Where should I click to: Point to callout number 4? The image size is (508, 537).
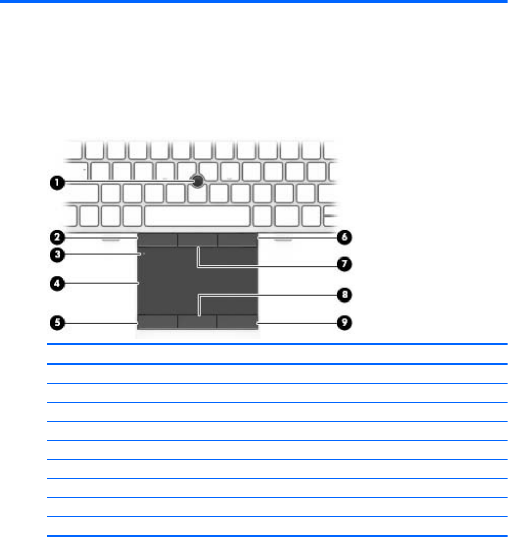click(57, 283)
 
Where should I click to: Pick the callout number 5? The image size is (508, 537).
click(57, 323)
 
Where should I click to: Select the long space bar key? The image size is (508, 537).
click(198, 217)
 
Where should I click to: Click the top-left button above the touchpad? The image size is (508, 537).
click(158, 240)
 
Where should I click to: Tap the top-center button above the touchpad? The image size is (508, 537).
click(198, 240)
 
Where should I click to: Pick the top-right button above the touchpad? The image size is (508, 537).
click(237, 240)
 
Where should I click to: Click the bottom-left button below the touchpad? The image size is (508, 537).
click(158, 321)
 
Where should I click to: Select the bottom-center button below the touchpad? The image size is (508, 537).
click(197, 321)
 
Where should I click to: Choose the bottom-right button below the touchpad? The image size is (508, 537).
click(237, 321)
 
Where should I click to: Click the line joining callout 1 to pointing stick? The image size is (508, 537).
click(128, 182)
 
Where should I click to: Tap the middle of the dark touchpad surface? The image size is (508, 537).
click(198, 281)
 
